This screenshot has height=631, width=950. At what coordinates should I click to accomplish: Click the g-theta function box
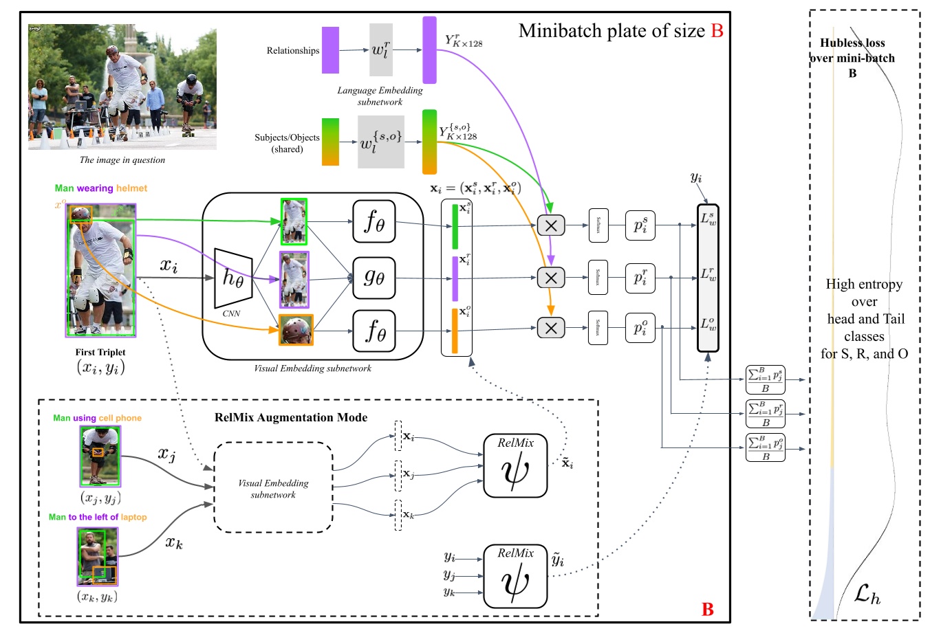tap(374, 278)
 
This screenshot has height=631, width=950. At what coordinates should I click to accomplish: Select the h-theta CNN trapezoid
tap(233, 278)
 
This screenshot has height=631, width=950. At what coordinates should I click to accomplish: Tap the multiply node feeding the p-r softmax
tap(550, 278)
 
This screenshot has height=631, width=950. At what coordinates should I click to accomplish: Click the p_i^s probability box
tap(640, 225)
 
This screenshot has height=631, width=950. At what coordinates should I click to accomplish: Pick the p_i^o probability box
tap(640, 328)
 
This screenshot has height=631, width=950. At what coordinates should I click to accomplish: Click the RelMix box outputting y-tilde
tap(515, 576)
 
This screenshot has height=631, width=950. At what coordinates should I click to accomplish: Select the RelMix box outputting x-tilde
tap(515, 465)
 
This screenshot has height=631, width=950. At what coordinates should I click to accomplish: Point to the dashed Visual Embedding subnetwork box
tap(273, 488)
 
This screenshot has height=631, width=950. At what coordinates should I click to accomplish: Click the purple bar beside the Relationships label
tap(330, 50)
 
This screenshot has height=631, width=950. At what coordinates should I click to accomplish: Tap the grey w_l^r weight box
tap(380, 50)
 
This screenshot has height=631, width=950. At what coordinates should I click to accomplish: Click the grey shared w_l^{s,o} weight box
tap(380, 142)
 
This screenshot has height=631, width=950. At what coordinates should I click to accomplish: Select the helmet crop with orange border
tap(296, 330)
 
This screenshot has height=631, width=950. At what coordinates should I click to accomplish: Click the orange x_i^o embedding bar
tap(455, 331)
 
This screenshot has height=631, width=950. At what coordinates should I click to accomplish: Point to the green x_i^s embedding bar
tap(455, 227)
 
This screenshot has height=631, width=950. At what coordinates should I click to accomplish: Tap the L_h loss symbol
tap(867, 593)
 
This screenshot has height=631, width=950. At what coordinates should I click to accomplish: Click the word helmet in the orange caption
tap(131, 188)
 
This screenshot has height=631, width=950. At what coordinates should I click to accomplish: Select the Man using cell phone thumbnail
tap(100, 456)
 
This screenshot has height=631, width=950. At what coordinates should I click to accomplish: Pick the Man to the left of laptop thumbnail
tap(97, 556)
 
